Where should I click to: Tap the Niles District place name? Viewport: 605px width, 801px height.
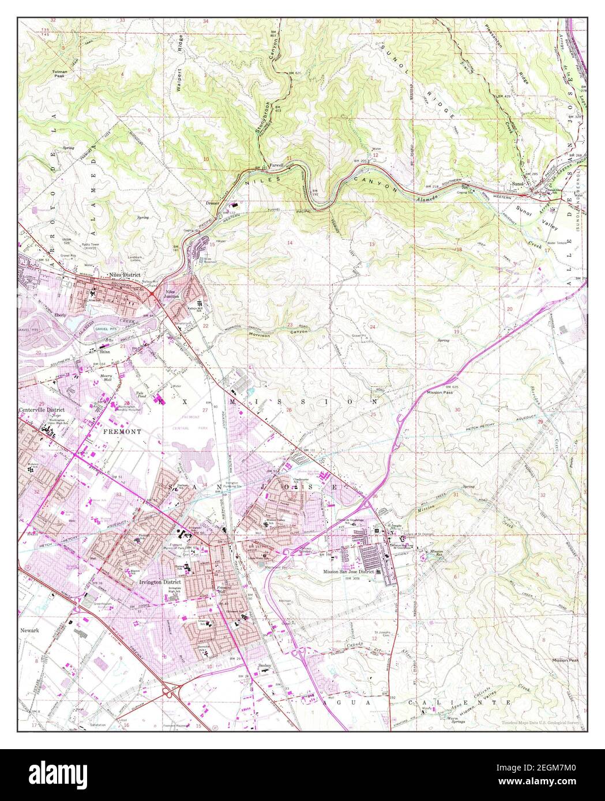(125, 275)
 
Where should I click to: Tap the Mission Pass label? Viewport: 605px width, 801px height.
(438, 392)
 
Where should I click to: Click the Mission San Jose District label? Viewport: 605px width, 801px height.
(348, 572)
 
